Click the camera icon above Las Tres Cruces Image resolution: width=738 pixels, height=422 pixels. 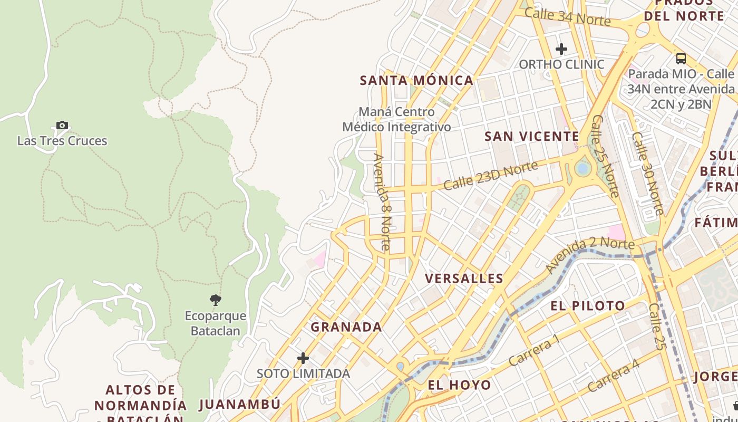pos(62,126)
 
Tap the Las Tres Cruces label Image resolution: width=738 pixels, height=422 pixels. pos(62,141)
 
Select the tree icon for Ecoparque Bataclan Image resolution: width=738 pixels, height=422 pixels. pos(215,300)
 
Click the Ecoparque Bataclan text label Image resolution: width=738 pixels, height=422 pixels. pos(215,323)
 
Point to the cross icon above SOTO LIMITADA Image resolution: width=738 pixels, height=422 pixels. pos(303,358)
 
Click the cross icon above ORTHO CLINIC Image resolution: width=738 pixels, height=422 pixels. pos(561,49)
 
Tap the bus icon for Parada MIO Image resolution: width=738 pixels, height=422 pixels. pos(681,59)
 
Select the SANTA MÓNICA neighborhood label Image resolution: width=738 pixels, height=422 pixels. pos(416,81)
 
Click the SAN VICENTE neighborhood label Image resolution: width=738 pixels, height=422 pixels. pos(532,137)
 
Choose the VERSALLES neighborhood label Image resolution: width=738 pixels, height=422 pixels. pos(464,279)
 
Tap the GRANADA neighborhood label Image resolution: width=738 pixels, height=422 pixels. pos(346,327)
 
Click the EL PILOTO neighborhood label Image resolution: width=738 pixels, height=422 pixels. pos(588,306)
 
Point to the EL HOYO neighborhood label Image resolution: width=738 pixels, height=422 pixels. pos(459,385)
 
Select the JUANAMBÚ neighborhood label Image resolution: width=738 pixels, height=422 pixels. pos(240,405)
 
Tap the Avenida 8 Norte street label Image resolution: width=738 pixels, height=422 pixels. pos(382,202)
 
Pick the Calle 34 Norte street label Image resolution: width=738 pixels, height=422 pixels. pos(567,17)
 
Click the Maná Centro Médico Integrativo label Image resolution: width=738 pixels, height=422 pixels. pos(396,120)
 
